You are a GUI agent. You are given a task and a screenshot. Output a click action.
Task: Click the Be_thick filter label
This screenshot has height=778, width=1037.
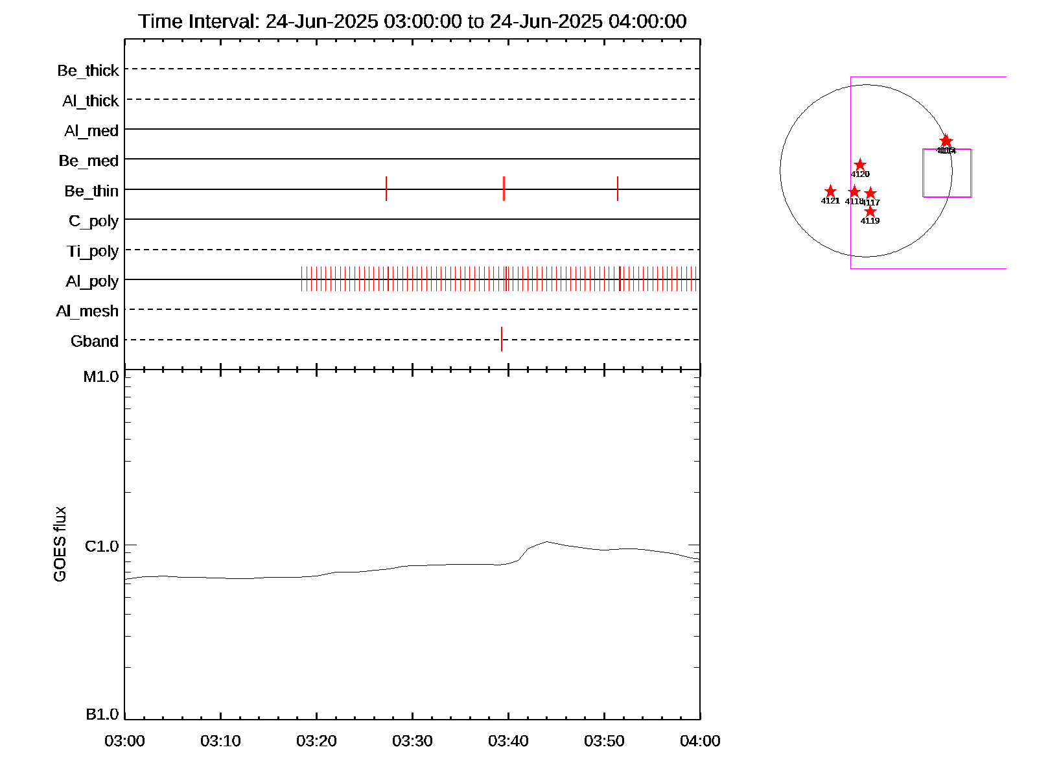(88, 70)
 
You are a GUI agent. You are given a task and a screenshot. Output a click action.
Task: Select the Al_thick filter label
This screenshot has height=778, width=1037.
(91, 100)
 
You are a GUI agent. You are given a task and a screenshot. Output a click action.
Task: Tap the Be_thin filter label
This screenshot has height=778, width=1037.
(91, 191)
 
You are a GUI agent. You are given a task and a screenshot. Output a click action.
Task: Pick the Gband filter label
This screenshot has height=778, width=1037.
(95, 341)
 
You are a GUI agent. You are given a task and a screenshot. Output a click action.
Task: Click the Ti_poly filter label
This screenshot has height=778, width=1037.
(93, 251)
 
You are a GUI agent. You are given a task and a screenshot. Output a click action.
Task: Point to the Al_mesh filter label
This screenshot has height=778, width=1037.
(87, 311)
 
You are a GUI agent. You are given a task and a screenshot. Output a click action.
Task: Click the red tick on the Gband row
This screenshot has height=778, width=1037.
(502, 339)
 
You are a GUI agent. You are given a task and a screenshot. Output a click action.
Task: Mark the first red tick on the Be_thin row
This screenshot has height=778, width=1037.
(386, 189)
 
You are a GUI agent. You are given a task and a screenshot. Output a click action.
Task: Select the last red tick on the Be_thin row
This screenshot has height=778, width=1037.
(618, 189)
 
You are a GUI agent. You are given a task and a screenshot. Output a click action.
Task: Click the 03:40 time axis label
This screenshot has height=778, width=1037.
(508, 740)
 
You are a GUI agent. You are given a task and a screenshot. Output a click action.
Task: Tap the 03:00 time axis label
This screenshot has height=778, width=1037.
(124, 740)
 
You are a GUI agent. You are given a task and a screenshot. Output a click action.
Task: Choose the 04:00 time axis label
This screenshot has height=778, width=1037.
(700, 740)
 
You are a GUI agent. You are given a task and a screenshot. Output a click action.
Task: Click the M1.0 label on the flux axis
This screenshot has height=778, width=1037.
(101, 377)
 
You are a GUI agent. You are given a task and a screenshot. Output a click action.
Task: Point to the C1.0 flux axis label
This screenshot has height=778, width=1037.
(102, 547)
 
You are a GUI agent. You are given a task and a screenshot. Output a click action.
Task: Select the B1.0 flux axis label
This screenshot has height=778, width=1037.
(102, 714)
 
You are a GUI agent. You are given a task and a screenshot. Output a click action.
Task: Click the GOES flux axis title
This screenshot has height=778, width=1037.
(60, 545)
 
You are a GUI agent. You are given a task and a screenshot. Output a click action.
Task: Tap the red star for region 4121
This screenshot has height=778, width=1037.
(830, 191)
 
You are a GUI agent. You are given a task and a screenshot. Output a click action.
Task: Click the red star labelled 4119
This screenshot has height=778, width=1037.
(870, 211)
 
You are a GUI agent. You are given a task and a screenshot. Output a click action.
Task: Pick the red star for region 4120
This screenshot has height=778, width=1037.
(860, 165)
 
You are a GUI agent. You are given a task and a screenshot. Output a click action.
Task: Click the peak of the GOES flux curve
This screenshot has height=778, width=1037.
(547, 541)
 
